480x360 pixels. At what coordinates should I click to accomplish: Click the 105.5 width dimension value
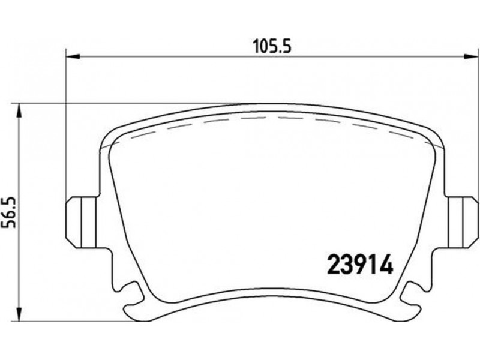pyautogui.click(x=272, y=47)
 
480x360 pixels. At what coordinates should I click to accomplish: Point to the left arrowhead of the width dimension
pyautogui.click(x=73, y=56)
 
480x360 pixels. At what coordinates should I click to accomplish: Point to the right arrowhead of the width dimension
pyautogui.click(x=471, y=56)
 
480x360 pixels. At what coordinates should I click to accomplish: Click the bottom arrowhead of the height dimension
pyautogui.click(x=19, y=314)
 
